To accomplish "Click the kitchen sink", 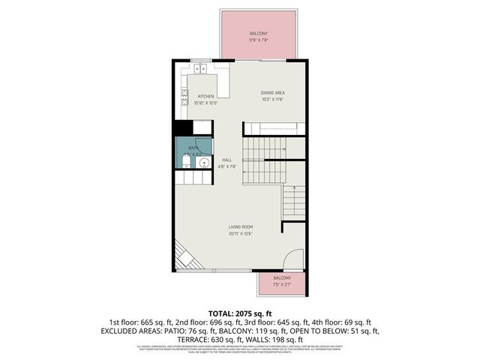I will coord(200,68).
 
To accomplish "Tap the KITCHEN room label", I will coord(205,97).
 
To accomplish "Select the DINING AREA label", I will coord(272,92).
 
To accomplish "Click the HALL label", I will coord(227,160).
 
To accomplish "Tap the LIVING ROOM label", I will coord(241,226).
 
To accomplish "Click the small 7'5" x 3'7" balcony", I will coord(282,283).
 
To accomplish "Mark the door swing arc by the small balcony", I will coord(294,259).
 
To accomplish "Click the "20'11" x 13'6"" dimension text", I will coord(241,233).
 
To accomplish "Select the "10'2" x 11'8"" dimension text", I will coord(273,99).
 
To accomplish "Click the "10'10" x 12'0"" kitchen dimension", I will coord(205,103).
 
